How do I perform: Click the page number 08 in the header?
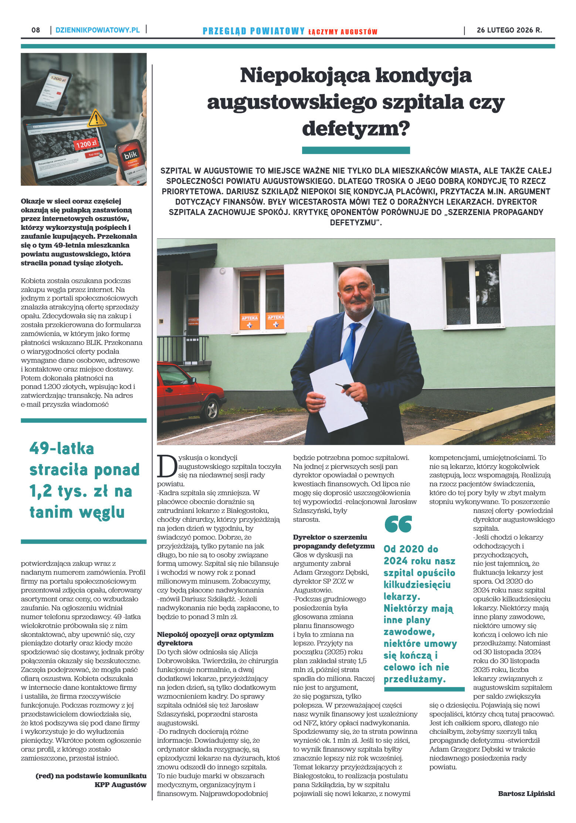(x=36, y=30)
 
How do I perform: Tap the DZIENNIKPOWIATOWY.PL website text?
(x=98, y=30)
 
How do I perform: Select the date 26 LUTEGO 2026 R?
(x=509, y=30)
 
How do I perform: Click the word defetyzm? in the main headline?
(x=356, y=128)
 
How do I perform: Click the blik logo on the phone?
(x=130, y=154)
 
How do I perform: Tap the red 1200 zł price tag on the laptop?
(x=86, y=144)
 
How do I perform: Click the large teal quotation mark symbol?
(x=398, y=524)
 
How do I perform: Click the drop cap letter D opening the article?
(x=166, y=467)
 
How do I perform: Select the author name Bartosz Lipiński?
(x=526, y=793)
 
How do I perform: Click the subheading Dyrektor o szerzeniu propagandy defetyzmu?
(x=333, y=541)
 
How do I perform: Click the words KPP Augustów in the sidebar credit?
(x=121, y=785)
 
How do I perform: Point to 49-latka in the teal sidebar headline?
(x=62, y=449)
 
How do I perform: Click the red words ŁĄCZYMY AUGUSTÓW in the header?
(x=343, y=32)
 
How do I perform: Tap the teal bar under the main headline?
(x=356, y=150)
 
